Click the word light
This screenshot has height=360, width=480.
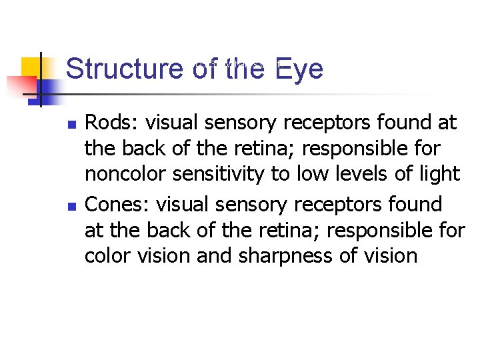click(x=441, y=174)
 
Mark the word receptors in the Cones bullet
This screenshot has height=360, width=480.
click(x=334, y=204)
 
